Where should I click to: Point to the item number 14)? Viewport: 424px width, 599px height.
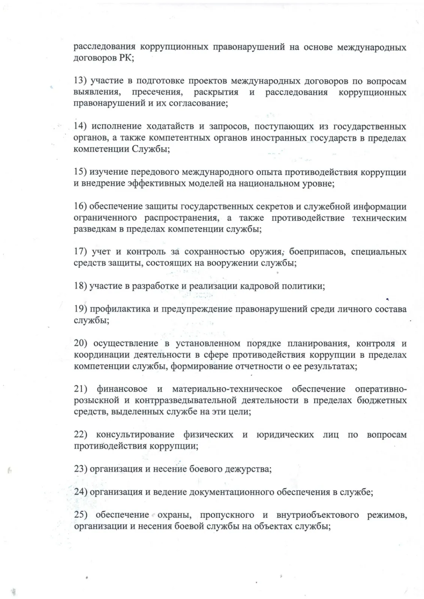[x=80, y=127]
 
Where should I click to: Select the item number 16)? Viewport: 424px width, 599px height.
[x=80, y=206]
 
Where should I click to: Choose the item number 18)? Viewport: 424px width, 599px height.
[x=80, y=286]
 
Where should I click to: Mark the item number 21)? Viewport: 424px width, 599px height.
[x=80, y=389]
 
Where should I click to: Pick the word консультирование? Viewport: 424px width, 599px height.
[x=135, y=435]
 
